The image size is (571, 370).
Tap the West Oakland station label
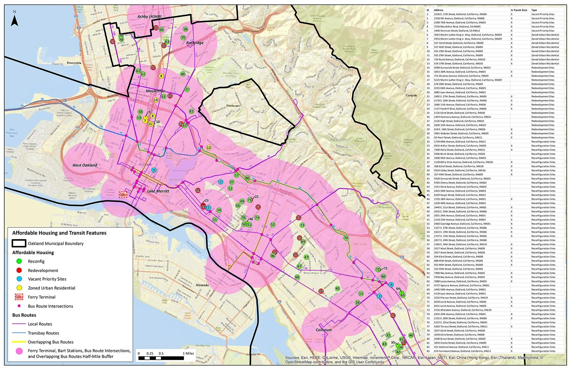[x=85, y=165]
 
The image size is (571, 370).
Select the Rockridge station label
[x=195, y=43]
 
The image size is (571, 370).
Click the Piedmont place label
[x=233, y=106]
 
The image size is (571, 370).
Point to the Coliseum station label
[x=324, y=330]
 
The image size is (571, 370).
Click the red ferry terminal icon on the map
[x=123, y=195]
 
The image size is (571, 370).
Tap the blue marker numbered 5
[x=154, y=170]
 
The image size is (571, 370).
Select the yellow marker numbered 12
[x=209, y=148]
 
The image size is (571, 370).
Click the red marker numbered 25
[x=112, y=41]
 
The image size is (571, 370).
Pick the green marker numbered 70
[x=346, y=238]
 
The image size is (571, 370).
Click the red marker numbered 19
[x=393, y=315]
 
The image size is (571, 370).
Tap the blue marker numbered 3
[x=379, y=296]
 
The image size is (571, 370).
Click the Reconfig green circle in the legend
[x=19, y=261]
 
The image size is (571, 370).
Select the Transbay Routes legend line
[x=19, y=333]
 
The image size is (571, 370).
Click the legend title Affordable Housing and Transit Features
[x=59, y=233]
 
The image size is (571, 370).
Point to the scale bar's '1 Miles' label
[x=188, y=353]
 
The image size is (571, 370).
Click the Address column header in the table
[x=438, y=10]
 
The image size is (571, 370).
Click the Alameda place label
[x=202, y=285]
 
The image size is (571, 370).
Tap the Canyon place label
[x=411, y=95]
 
